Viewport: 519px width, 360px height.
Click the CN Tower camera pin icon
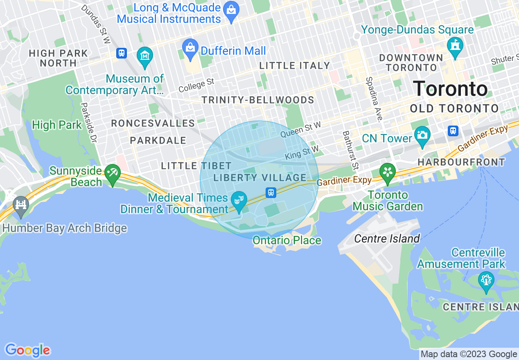(422, 134)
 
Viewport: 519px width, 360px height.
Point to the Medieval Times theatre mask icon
(239, 200)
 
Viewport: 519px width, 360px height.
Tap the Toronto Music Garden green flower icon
(387, 171)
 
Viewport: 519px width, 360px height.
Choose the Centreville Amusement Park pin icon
(486, 280)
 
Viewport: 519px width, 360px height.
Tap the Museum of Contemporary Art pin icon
(145, 55)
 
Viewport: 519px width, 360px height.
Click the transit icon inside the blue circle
(271, 192)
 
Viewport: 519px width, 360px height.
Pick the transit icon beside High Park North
(121, 53)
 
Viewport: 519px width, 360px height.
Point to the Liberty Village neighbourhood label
(260, 178)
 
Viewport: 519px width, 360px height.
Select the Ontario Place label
(287, 240)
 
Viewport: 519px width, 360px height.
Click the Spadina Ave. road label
(374, 100)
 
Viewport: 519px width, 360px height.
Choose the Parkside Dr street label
(89, 122)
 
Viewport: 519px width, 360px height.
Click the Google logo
(27, 350)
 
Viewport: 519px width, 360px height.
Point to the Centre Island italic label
(387, 239)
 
